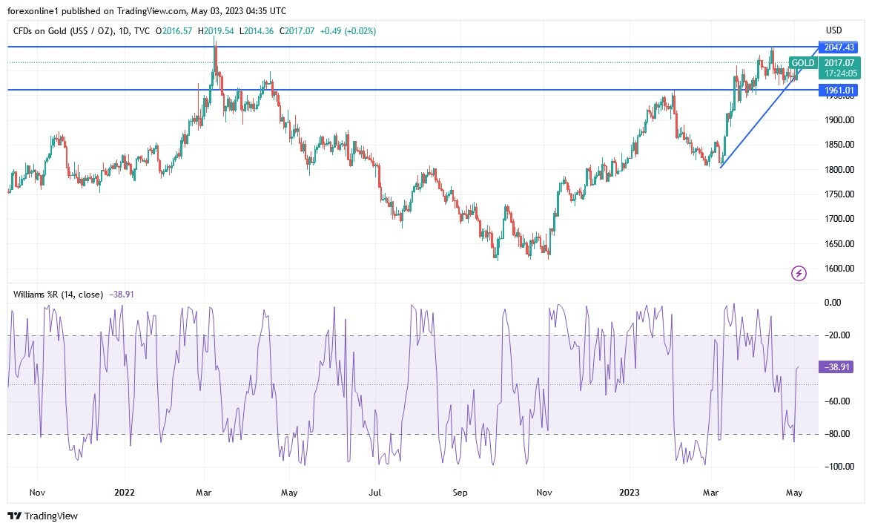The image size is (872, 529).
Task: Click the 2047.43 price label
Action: point(839,47)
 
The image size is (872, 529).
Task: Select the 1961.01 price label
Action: point(839,91)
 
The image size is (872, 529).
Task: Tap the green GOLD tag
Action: point(802,63)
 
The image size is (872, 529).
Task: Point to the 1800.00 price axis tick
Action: point(839,169)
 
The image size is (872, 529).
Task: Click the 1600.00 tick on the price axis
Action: point(839,269)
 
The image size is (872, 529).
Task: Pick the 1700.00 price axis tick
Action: point(839,219)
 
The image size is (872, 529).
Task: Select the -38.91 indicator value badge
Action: point(839,367)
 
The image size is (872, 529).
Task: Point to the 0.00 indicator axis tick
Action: point(833,303)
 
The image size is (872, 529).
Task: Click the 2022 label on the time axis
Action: point(125,492)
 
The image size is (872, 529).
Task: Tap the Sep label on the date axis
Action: point(460,492)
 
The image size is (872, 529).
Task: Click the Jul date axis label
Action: point(375,492)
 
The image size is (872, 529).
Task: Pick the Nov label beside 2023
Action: point(544,492)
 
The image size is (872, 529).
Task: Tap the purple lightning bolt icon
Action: point(799,274)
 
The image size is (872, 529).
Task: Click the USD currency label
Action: point(834,30)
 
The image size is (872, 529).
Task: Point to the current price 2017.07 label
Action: point(839,63)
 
